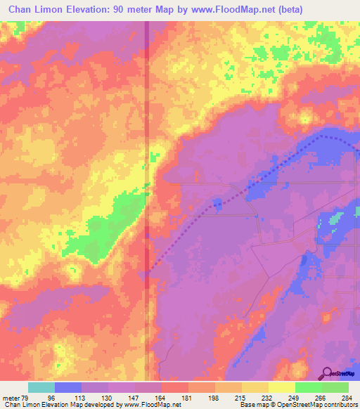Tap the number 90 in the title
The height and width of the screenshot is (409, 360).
pyautogui.click(x=129, y=8)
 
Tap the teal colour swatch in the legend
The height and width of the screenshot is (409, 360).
pyautogui.click(x=41, y=387)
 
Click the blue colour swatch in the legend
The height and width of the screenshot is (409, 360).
pyautogui.click(x=68, y=387)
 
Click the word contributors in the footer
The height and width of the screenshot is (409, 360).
pyautogui.click(x=340, y=405)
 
